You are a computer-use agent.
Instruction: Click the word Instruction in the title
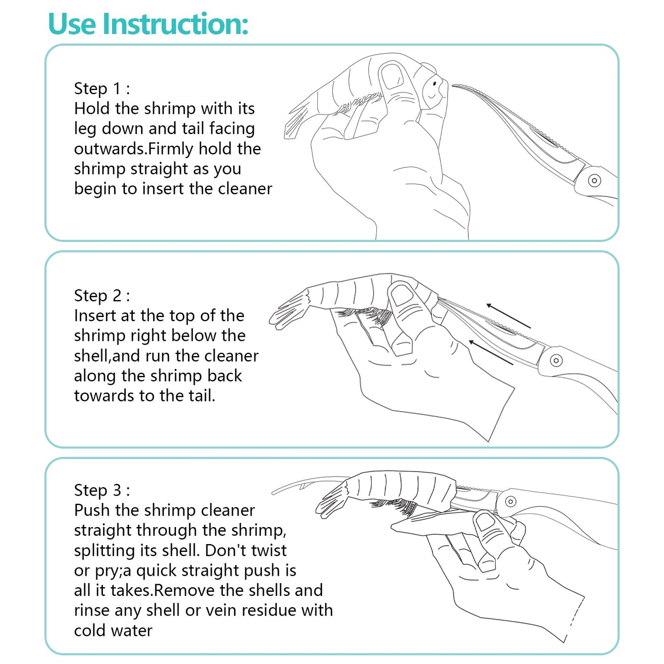coord(175,23)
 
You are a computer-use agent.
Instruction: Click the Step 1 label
coord(102,89)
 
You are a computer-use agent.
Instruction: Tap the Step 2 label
coord(102,295)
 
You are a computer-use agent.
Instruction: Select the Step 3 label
coord(102,490)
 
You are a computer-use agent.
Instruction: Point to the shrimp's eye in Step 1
coord(435,84)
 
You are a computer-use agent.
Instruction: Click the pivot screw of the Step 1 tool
coord(595,180)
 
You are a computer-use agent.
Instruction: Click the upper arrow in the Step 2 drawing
coord(509,316)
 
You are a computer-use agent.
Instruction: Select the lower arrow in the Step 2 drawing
coord(491,352)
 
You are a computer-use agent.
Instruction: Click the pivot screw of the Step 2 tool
coord(556,360)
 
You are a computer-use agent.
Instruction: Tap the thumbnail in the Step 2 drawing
coord(402,295)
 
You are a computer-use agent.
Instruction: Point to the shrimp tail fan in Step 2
coord(289,310)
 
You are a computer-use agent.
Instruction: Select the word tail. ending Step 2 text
coord(202,396)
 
